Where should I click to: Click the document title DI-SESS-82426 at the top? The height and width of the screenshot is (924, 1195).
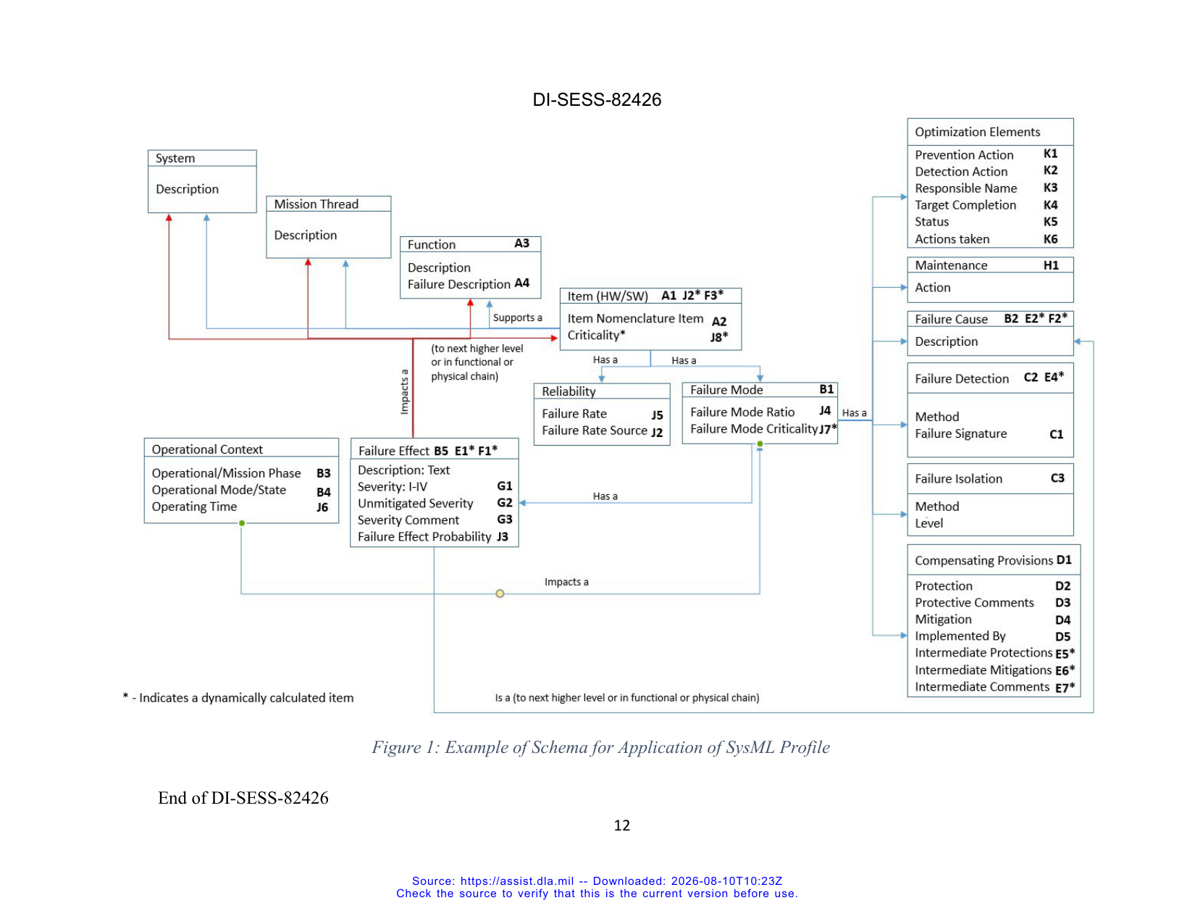click(x=597, y=99)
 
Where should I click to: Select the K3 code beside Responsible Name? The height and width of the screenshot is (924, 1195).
click(x=1050, y=188)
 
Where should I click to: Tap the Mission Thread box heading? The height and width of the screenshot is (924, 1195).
click(x=316, y=204)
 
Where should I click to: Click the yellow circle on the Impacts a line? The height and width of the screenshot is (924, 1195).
click(x=500, y=594)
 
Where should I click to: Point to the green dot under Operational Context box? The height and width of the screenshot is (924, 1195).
click(x=242, y=523)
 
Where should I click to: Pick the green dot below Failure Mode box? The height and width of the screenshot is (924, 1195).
click(x=760, y=444)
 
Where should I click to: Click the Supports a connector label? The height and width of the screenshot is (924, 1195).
click(x=518, y=317)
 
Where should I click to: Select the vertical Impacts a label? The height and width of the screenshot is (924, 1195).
click(x=404, y=391)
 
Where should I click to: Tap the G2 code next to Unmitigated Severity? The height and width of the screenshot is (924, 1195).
click(x=505, y=502)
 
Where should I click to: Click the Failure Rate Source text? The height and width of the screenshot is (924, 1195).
click(x=595, y=430)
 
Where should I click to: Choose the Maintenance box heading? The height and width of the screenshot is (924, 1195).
click(x=952, y=265)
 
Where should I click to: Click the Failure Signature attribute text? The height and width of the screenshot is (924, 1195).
click(x=961, y=433)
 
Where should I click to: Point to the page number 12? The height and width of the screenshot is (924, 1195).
click(x=622, y=825)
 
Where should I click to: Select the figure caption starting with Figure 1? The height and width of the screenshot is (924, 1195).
click(x=600, y=746)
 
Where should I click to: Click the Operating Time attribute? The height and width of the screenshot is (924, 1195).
click(x=194, y=507)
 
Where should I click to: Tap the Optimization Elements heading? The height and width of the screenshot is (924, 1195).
click(x=977, y=132)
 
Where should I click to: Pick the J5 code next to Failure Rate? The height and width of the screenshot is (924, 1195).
click(x=657, y=415)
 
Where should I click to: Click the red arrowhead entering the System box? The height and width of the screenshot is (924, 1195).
click(x=169, y=218)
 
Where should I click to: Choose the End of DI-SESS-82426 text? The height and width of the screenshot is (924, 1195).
click(x=243, y=797)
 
